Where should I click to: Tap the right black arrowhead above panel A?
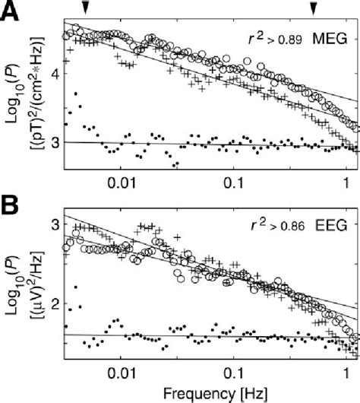[x=313, y=7]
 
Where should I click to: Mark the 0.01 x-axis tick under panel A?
[x=122, y=183]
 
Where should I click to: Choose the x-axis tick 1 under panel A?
[x=346, y=183]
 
